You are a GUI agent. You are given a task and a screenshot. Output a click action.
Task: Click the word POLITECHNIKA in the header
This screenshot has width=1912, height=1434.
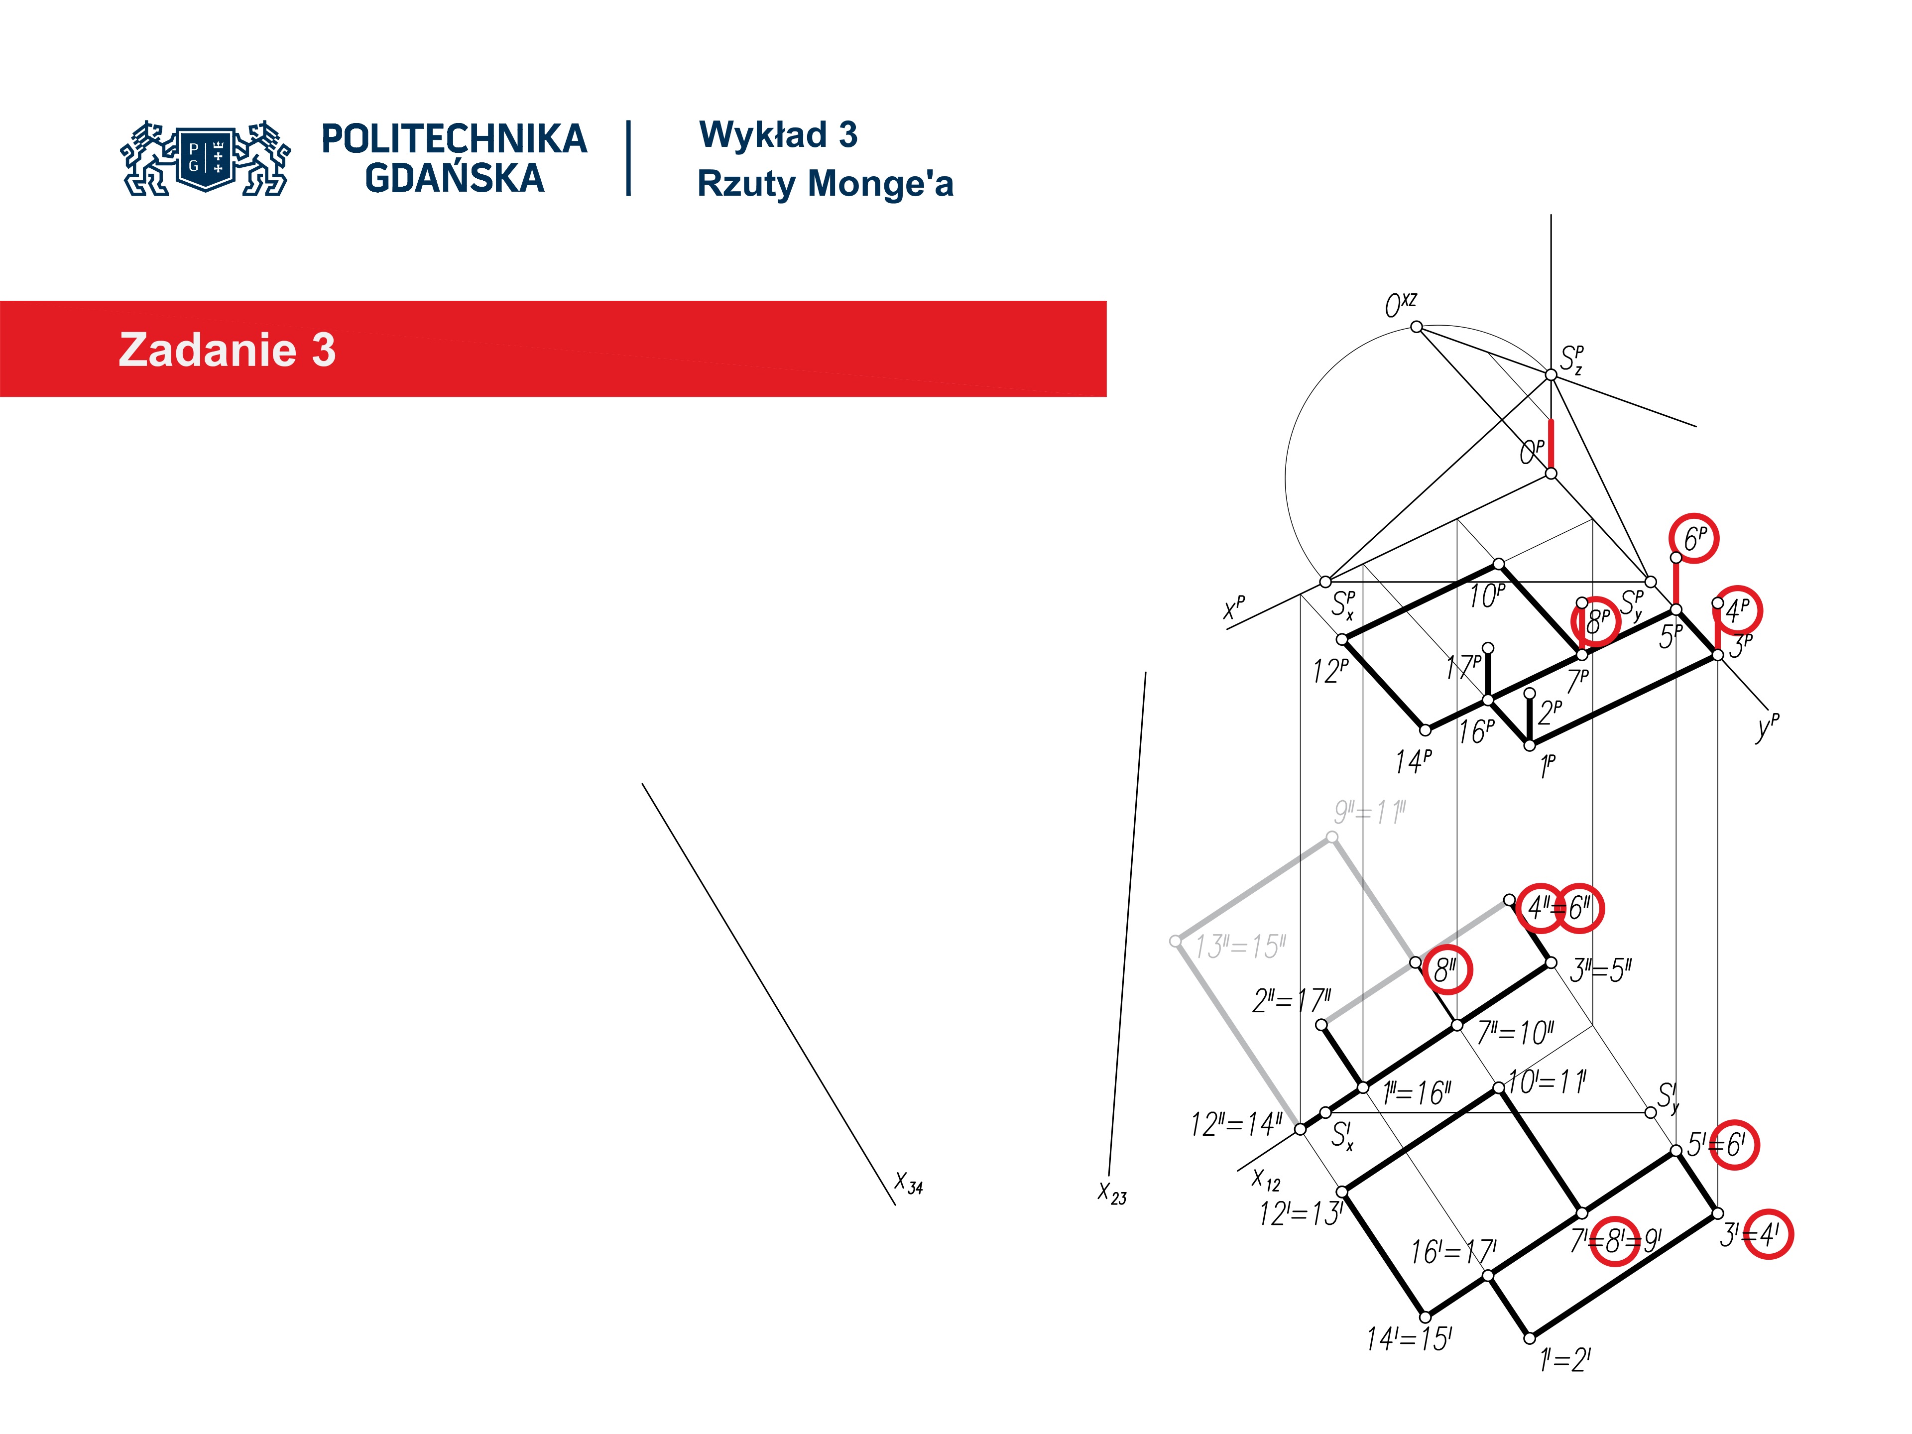tap(454, 139)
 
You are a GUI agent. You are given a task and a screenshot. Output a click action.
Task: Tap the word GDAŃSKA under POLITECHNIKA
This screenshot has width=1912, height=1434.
tap(454, 179)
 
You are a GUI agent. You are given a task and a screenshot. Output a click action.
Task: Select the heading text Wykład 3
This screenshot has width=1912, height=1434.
tap(778, 135)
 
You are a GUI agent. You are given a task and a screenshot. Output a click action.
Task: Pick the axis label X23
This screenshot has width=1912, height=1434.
tap(1111, 1193)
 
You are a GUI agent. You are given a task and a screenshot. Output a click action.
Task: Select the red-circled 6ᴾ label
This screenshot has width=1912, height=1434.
tap(1694, 539)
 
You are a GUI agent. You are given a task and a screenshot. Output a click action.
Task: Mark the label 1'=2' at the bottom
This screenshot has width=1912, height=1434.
tap(1564, 1360)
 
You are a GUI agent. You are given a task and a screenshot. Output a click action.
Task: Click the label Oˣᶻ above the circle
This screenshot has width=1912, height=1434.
tap(1400, 304)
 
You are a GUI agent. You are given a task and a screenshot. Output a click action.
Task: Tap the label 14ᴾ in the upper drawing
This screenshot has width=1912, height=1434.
tap(1413, 761)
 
